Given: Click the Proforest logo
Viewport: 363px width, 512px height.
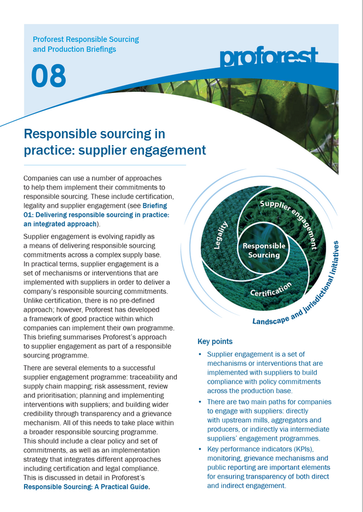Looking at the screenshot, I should point(269,58).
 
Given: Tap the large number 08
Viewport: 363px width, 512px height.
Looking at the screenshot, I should point(49,77).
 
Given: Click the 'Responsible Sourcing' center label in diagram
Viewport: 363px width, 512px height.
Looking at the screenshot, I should point(263,250).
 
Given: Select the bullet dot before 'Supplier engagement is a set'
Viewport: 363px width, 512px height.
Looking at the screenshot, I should point(201,355).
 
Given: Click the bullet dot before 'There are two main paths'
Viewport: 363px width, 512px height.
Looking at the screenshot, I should point(201,402).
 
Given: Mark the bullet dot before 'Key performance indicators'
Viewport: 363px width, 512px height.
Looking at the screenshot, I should point(201,449).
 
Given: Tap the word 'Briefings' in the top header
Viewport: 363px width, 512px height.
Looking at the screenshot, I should point(100,49).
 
